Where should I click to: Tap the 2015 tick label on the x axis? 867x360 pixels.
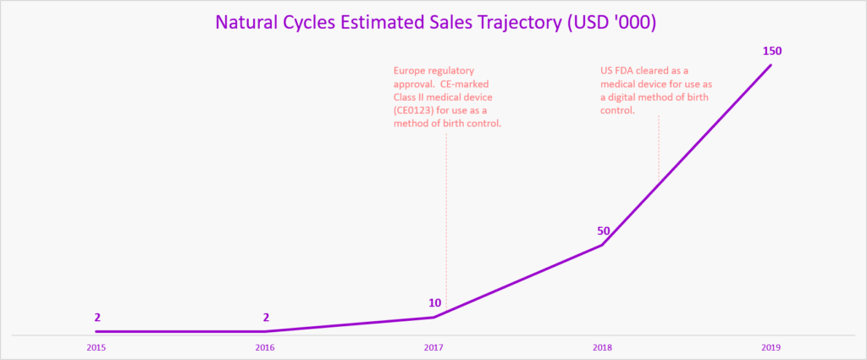tap(97, 347)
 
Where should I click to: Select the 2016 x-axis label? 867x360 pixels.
tap(266, 347)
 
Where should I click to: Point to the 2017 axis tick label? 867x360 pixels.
tap(433, 347)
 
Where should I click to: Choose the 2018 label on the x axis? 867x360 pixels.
tap(602, 347)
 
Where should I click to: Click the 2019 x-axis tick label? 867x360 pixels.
tap(770, 347)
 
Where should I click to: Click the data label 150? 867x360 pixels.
tap(771, 51)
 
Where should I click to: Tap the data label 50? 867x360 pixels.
tap(602, 231)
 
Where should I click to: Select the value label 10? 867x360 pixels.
tap(434, 302)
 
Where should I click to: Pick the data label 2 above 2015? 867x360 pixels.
tap(97, 317)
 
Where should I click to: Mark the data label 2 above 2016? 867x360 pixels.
tap(266, 317)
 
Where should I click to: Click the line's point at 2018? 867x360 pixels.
tap(602, 246)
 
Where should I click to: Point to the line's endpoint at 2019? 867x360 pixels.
tap(770, 65)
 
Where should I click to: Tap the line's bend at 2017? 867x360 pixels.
tap(433, 317)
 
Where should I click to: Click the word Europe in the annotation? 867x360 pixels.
tap(410, 69)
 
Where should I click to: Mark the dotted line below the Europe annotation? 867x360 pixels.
tap(446, 220)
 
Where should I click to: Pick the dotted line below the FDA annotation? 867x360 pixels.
tap(659, 152)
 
